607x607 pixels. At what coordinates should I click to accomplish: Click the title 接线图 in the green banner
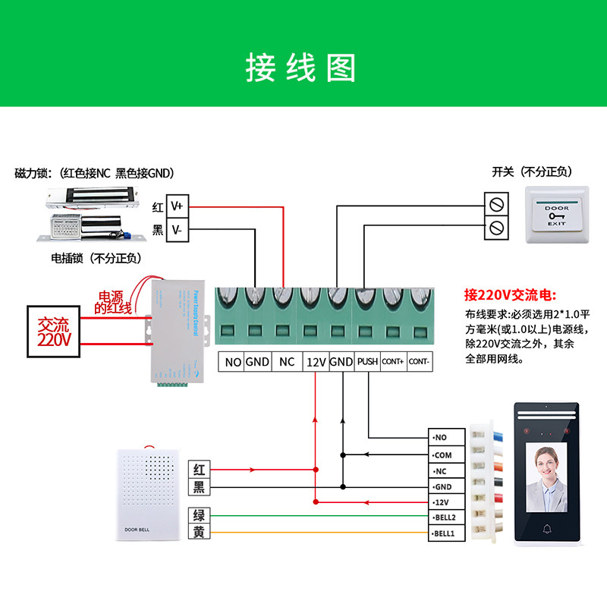pyautogui.click(x=301, y=68)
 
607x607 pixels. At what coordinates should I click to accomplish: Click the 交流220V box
pyautogui.click(x=54, y=332)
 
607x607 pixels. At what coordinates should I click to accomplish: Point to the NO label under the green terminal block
pyautogui.click(x=233, y=362)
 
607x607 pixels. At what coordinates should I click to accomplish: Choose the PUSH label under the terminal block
pyautogui.click(x=367, y=362)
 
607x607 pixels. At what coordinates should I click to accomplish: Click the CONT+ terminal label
pyautogui.click(x=392, y=362)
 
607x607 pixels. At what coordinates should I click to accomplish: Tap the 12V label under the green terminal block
pyautogui.click(x=316, y=362)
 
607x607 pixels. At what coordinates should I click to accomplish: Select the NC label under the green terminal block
pyautogui.click(x=286, y=362)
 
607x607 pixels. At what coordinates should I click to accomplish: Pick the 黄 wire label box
pyautogui.click(x=199, y=533)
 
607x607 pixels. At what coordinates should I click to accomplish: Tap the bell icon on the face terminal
pyautogui.click(x=546, y=529)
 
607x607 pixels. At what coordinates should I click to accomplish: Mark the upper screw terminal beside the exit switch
pyautogui.click(x=496, y=204)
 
